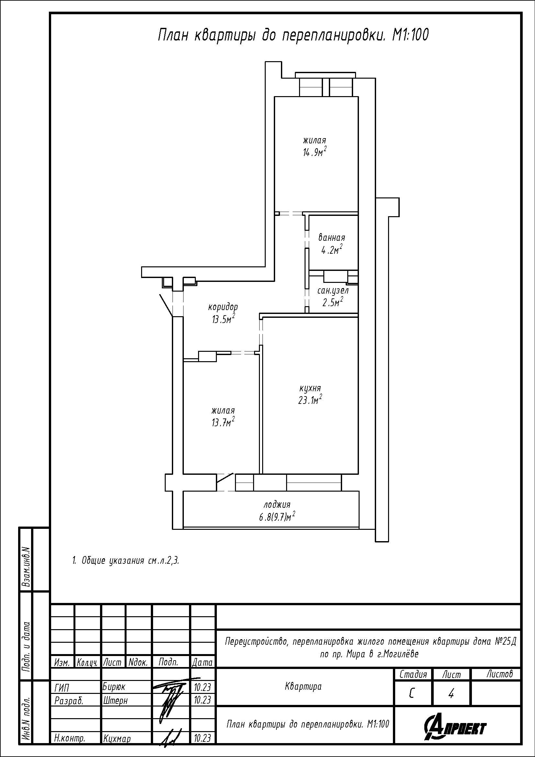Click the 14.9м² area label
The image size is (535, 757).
pyautogui.click(x=315, y=152)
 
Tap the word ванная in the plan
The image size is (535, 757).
pyautogui.click(x=332, y=238)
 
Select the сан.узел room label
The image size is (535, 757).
pyautogui.click(x=333, y=291)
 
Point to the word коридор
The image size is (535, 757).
pyautogui.click(x=223, y=307)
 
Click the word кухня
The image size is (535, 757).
pyautogui.click(x=310, y=389)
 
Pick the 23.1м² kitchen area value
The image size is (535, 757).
pyautogui.click(x=310, y=400)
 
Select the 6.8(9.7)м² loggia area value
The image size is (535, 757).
pyautogui.click(x=277, y=517)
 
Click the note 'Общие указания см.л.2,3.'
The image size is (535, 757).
pyautogui.click(x=126, y=561)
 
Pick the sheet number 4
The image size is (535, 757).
pyautogui.click(x=451, y=694)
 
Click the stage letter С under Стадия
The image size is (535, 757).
pyautogui.click(x=412, y=694)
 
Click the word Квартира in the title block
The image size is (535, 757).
pyautogui.click(x=303, y=686)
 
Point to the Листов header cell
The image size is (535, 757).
pyautogui.click(x=500, y=674)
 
